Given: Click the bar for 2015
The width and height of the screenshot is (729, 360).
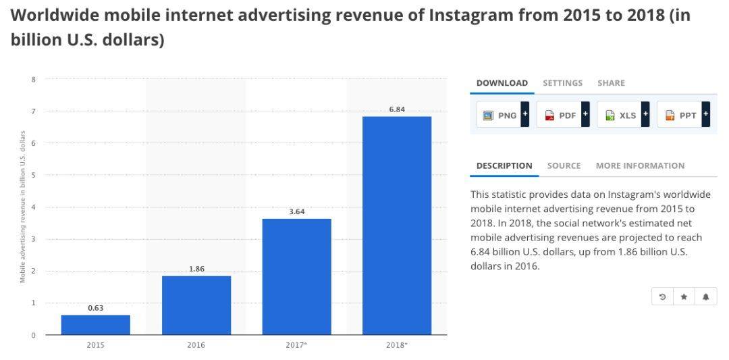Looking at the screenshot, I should [x=96, y=325].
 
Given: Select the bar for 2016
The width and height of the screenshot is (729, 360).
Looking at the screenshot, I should [x=196, y=305].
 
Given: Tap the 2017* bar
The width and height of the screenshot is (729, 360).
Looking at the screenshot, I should [x=297, y=277].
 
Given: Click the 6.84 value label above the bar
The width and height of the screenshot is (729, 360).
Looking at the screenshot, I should [x=397, y=109].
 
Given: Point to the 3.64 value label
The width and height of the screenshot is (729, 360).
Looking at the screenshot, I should [x=297, y=211].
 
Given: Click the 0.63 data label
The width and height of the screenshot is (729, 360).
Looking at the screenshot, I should [x=96, y=308].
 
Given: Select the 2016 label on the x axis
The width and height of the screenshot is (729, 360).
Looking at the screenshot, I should [x=196, y=345].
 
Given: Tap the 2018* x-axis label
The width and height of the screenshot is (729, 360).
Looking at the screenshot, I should [x=397, y=345].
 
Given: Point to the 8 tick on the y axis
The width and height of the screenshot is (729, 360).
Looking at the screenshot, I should [x=33, y=79].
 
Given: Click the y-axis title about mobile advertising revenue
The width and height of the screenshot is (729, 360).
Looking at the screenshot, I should [x=22, y=207].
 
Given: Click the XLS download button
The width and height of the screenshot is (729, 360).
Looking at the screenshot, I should [x=623, y=115].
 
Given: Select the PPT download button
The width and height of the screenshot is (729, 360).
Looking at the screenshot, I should [x=683, y=115].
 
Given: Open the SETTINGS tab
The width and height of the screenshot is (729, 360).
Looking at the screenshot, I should [x=562, y=83].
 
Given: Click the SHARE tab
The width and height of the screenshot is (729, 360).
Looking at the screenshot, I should [x=611, y=83].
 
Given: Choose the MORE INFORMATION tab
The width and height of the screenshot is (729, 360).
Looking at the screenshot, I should [x=640, y=165].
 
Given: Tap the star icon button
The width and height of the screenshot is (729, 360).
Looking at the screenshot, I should [x=684, y=297].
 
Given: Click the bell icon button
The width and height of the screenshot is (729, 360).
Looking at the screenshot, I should [x=705, y=297].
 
